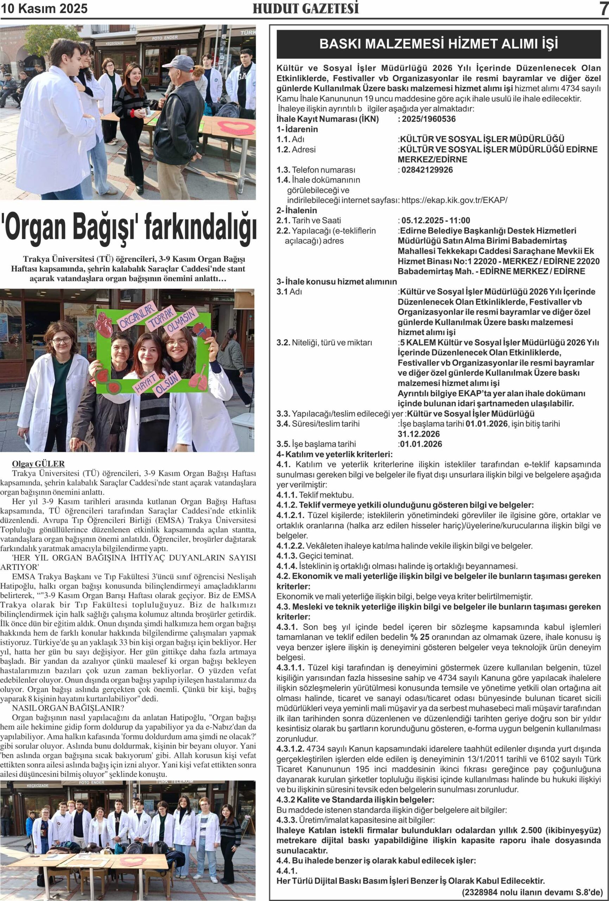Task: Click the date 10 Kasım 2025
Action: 44,8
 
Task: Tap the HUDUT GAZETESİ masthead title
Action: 305,8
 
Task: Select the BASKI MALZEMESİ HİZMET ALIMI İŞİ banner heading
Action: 438,44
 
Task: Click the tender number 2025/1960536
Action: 429,119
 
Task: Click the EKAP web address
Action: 454,200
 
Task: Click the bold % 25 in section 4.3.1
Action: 420,637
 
